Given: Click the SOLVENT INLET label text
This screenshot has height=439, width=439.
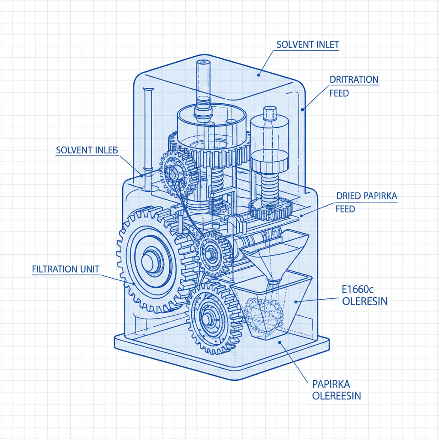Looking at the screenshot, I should [308, 45].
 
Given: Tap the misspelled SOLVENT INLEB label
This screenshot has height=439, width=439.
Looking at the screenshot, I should [87, 150].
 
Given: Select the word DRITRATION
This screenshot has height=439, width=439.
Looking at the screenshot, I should [354, 80].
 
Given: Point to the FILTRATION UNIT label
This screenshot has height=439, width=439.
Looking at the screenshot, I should [66, 270].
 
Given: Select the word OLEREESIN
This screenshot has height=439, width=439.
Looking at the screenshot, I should [336, 395].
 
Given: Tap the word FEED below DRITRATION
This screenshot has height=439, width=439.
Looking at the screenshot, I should [339, 93].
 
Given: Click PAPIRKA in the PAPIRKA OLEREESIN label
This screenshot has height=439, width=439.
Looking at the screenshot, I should [331, 383].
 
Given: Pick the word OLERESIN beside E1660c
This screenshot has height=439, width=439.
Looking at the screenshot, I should [365, 301].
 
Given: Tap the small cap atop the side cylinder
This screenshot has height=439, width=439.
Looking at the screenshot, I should [269, 113].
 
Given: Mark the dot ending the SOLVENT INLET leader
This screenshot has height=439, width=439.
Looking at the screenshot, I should [259, 75].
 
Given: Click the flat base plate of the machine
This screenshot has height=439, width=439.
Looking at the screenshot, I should [223, 358].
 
